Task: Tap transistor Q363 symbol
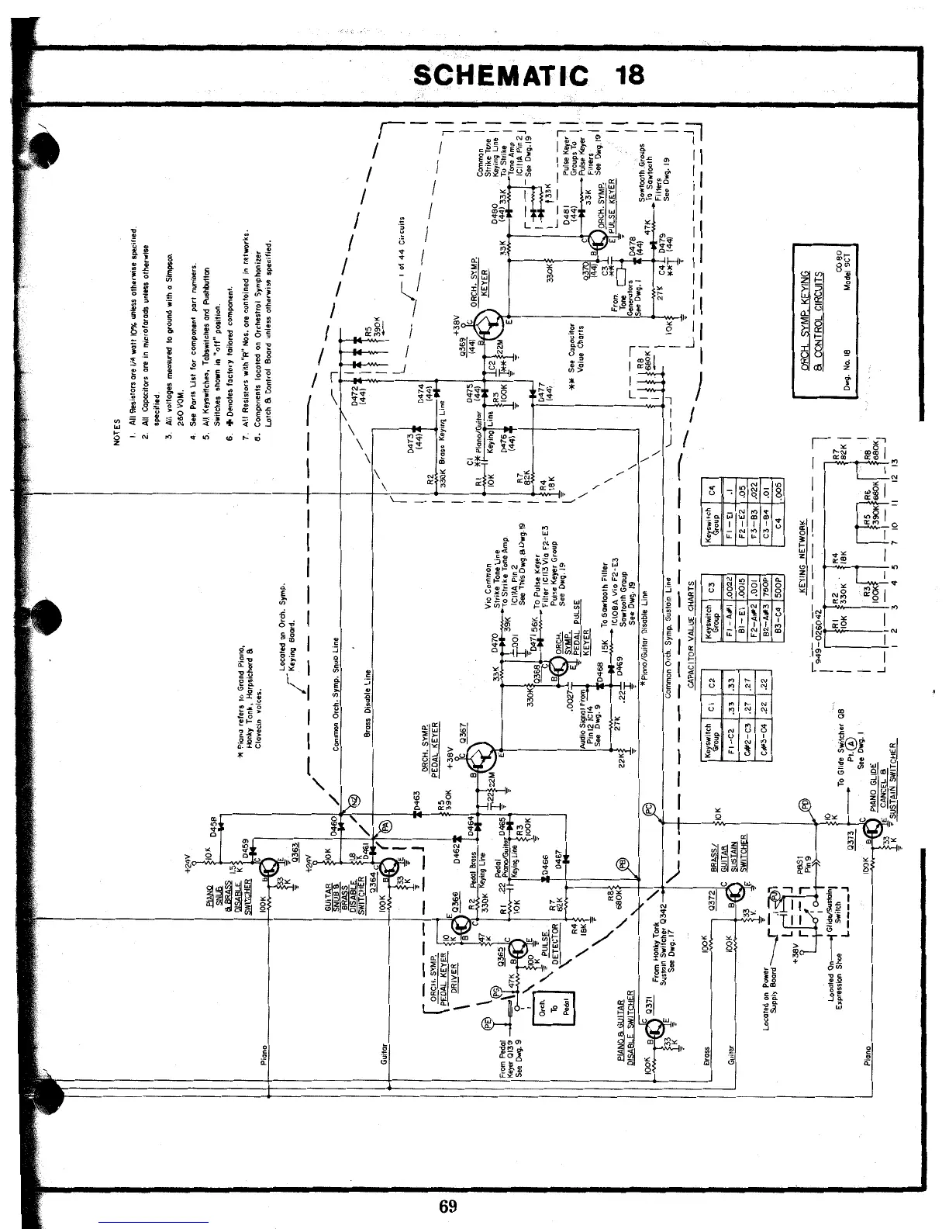[x=269, y=867]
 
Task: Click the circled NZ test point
[x=354, y=801]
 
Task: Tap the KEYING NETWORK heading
[x=804, y=558]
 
